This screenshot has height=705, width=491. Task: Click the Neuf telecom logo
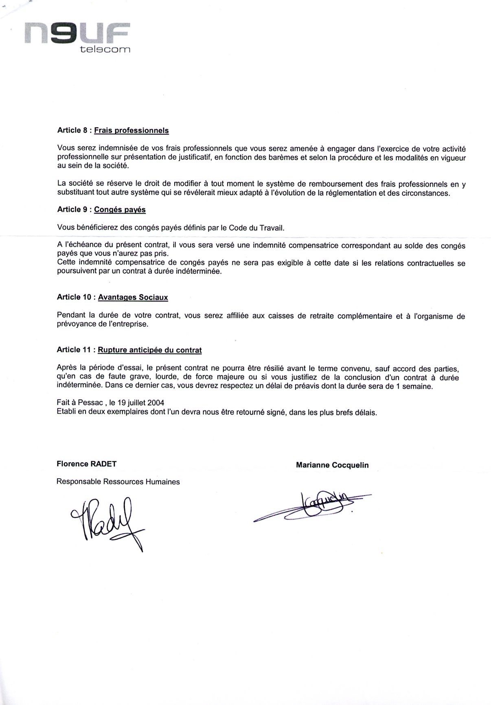(77, 37)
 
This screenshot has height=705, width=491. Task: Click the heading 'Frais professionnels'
(132, 131)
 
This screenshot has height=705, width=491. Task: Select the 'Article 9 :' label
(75, 210)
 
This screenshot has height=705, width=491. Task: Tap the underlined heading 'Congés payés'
(120, 210)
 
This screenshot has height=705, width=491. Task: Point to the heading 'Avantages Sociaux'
(133, 298)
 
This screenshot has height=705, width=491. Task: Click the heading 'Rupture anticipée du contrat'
(150, 350)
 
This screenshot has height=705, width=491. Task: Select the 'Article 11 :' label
(77, 350)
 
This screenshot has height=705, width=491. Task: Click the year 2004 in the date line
(156, 403)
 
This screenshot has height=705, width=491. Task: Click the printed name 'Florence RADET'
(87, 464)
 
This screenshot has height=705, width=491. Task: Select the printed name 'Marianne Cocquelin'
(332, 465)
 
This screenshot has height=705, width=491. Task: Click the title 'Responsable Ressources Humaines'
(118, 482)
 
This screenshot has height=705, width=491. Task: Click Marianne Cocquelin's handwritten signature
(313, 507)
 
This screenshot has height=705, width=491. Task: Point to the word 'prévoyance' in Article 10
(75, 325)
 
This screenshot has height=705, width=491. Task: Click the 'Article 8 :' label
(75, 131)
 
